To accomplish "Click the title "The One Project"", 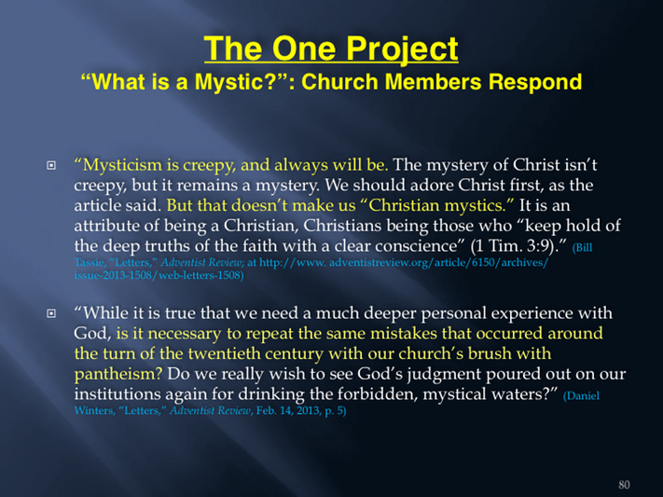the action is coord(331,49).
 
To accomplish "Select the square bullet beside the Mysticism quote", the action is coord(51,165).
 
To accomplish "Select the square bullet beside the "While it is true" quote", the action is coord(51,313).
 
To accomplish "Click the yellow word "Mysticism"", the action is coord(122,165).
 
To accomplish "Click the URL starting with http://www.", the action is coord(404,263).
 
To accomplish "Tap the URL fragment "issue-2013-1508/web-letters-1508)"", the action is coord(159,275).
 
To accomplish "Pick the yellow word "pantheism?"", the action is coord(118,374).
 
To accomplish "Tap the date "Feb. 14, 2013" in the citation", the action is coord(288,410).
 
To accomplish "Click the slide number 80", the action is coord(624,484).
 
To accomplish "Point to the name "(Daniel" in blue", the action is coord(581,396).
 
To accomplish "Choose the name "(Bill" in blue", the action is coord(582,248).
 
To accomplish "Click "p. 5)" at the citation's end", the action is coord(336,410).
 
